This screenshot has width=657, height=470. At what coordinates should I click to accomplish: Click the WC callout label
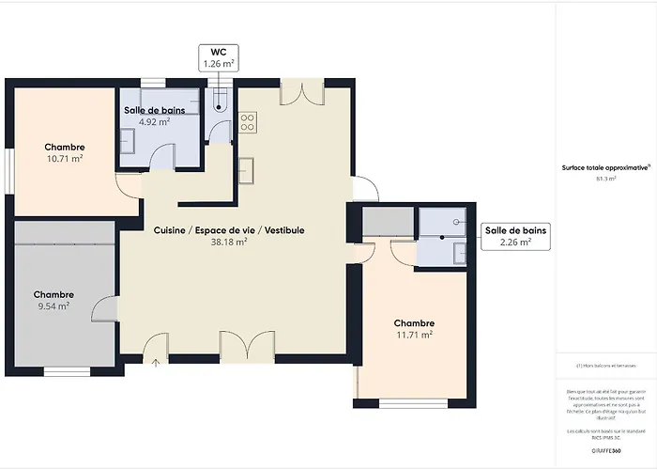[218, 57]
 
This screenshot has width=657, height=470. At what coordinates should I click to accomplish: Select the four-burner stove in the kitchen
[248, 121]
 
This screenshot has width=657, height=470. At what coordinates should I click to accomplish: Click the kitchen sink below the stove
[248, 170]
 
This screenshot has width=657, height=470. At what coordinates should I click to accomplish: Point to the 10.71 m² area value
[65, 159]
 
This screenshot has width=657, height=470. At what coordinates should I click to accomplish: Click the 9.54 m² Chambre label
[53, 294]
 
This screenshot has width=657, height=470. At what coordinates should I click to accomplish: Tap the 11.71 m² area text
[414, 334]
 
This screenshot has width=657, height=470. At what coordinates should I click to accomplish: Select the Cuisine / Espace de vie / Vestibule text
[229, 229]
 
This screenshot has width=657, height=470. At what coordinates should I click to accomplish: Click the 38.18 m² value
[229, 242]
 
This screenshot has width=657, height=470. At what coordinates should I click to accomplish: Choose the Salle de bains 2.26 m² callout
[514, 236]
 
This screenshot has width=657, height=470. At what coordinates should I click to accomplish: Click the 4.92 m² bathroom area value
[154, 121]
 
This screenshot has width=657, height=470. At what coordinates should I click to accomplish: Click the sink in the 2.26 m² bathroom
[459, 252]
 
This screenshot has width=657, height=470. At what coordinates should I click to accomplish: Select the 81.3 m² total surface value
[605, 178]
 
